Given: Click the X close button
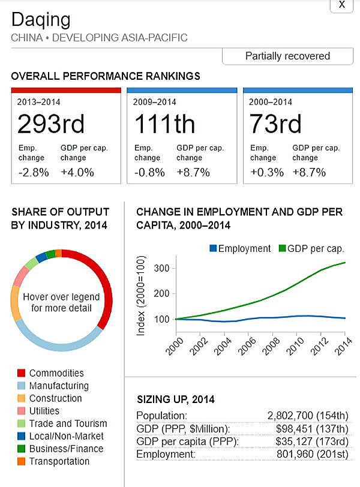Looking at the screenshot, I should click(341, 5).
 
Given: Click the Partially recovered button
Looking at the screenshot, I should click(287, 56).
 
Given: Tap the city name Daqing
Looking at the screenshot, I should click(41, 20).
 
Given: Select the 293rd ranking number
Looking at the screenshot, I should click(51, 124).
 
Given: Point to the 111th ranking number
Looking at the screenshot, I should click(164, 124).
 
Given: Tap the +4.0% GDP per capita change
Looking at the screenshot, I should click(77, 172).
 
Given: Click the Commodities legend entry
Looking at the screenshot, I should click(56, 373).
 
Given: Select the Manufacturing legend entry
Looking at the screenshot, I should click(59, 386).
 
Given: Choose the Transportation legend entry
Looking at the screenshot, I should click(59, 461).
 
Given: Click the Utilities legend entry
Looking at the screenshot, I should click(44, 411).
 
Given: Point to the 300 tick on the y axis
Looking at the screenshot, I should click(161, 267).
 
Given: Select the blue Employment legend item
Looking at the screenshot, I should click(240, 248).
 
